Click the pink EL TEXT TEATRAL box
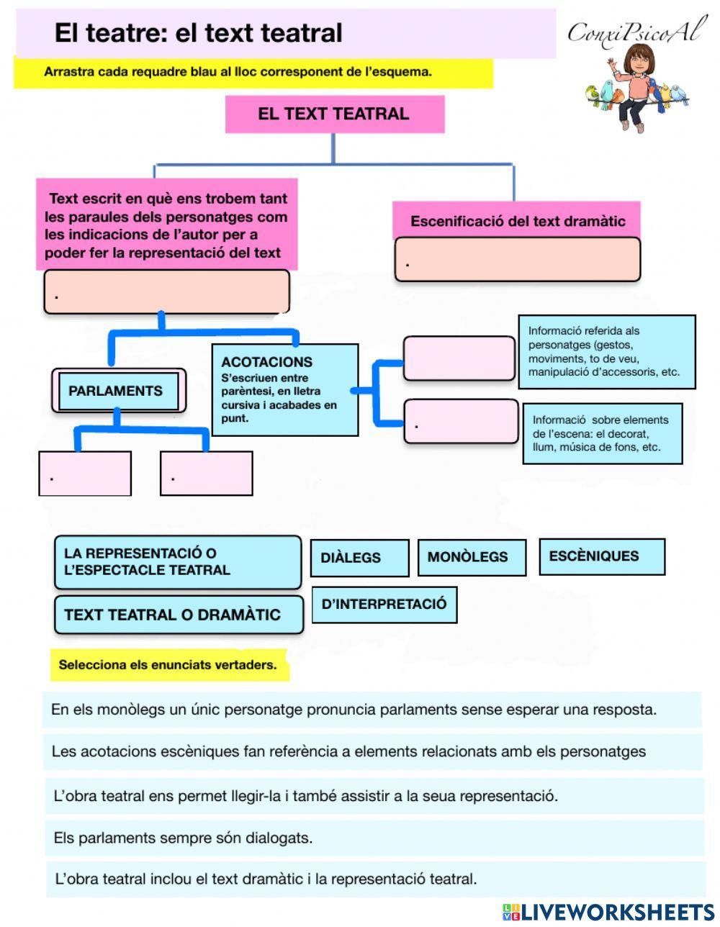point(334,114)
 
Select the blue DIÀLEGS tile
point(359,558)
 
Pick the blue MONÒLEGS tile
point(471,557)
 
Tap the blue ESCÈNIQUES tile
point(601,556)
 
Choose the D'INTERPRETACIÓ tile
point(384,605)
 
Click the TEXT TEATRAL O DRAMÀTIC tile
point(179,615)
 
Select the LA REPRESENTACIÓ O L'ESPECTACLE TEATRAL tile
point(177,562)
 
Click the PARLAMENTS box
point(117,391)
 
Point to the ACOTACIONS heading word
point(266,362)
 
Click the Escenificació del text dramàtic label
point(517,221)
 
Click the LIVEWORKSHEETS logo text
point(617,912)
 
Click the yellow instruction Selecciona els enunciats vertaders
point(168,665)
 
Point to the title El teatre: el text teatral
point(199,32)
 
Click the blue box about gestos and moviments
point(606,352)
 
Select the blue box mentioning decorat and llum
point(602,433)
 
